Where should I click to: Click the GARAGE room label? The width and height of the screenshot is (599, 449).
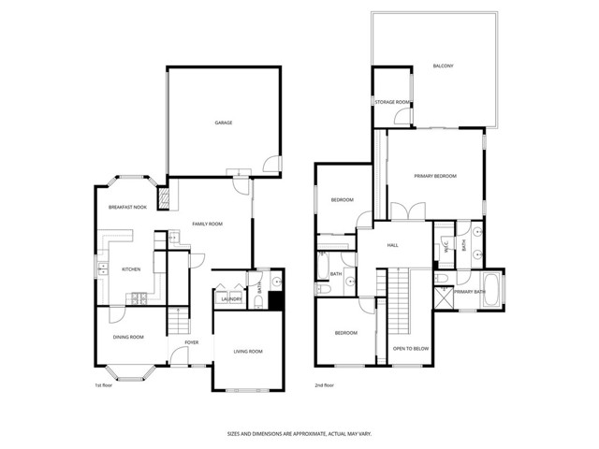pos(223,123)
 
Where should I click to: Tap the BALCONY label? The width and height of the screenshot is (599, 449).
pos(443,65)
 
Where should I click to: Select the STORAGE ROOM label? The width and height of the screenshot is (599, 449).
pos(391,101)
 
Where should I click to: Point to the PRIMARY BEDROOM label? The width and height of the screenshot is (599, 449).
pos(435,176)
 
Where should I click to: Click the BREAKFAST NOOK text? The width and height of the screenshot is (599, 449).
pos(127,207)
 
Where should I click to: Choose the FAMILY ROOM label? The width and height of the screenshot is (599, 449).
pos(207,224)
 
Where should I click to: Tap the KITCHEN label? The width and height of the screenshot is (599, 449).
pos(131,269)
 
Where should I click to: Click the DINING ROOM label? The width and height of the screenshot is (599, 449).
pos(128,337)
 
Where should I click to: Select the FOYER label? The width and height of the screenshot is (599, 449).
pos(191,342)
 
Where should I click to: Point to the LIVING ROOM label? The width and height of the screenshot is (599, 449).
pos(248,351)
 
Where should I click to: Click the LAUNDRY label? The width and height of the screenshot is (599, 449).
pos(231,299)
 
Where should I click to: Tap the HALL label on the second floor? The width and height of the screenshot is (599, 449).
pos(393,245)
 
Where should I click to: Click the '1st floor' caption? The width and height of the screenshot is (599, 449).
pos(103,385)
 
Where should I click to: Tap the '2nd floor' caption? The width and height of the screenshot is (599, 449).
pos(324,385)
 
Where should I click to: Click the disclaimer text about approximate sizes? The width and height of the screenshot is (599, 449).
pos(299,433)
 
